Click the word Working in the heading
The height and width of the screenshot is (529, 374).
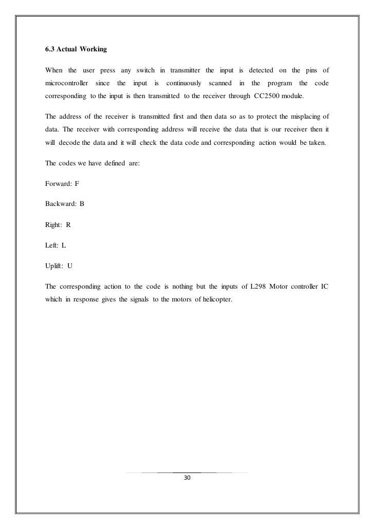[92, 51]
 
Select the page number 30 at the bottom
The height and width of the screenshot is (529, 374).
[187, 478]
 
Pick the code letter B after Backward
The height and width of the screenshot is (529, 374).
[82, 204]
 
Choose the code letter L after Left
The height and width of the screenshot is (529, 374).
[64, 245]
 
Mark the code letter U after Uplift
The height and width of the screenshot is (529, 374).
[70, 267]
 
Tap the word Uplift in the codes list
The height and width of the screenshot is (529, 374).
[54, 267]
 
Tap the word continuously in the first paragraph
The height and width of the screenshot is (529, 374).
[184, 83]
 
